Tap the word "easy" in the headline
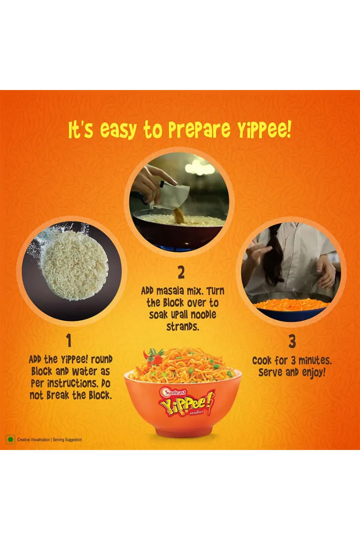(x=119, y=130)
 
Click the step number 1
(x=69, y=340)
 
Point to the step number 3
(x=292, y=342)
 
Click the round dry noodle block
(x=75, y=265)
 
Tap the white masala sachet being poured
(x=171, y=195)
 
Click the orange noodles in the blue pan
(x=292, y=304)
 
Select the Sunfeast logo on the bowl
(x=174, y=392)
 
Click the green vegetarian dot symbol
(x=10, y=440)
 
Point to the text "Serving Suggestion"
(x=67, y=440)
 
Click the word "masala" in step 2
(x=170, y=291)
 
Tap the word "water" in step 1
(x=84, y=372)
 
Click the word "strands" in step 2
(x=183, y=327)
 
